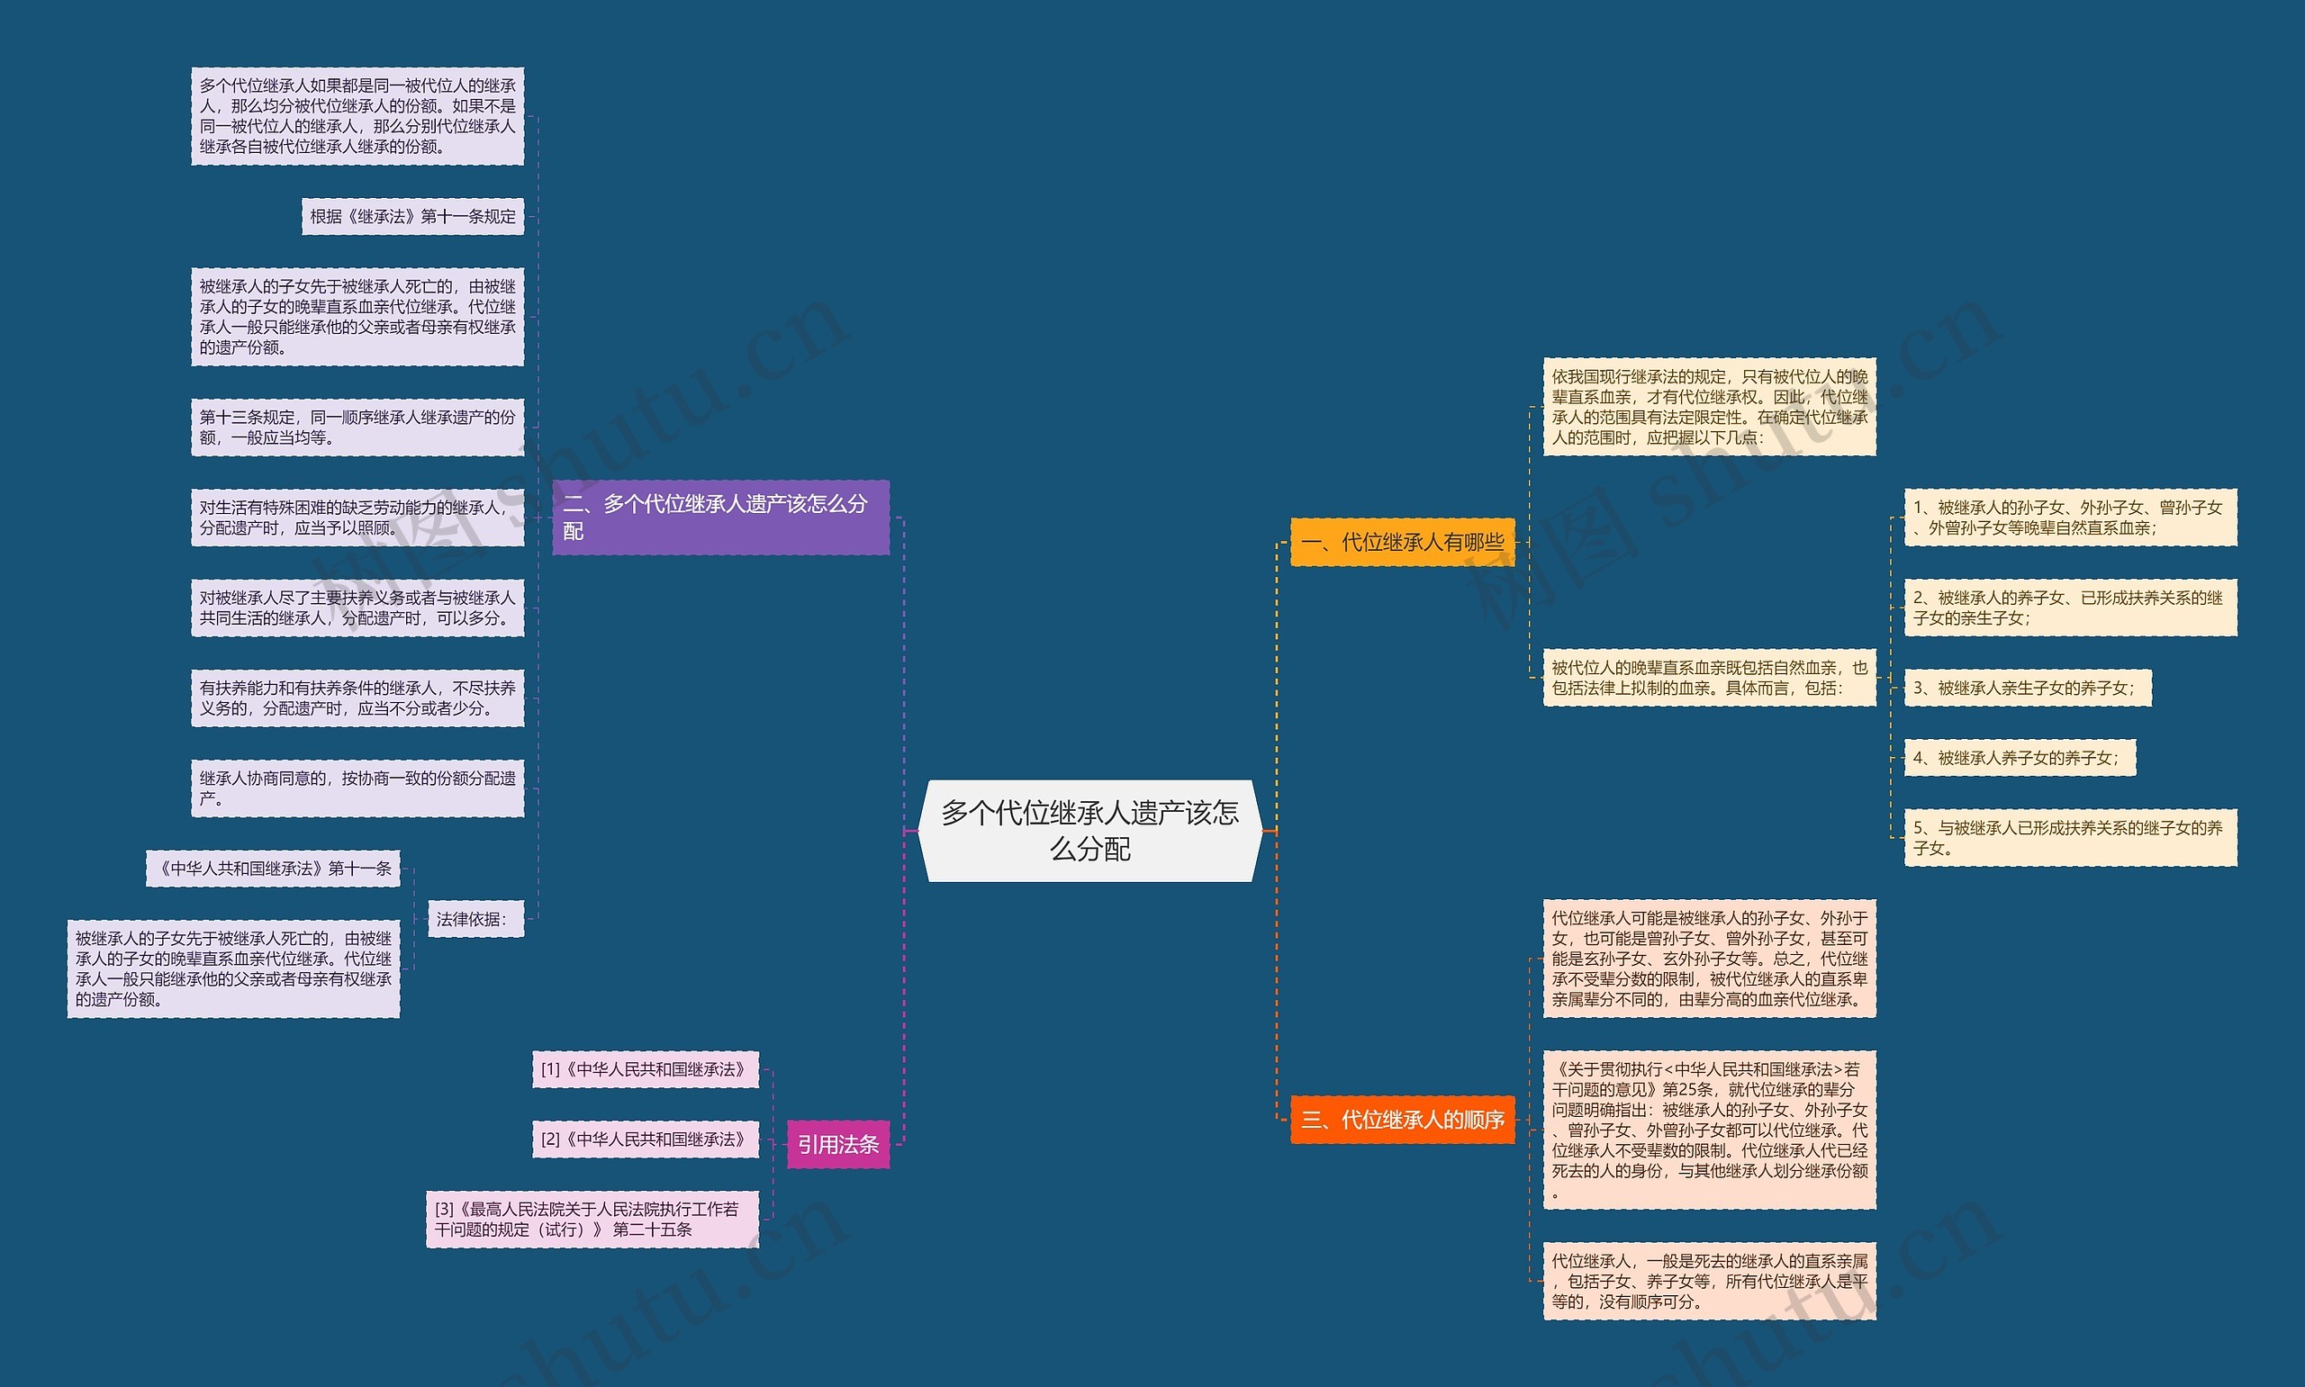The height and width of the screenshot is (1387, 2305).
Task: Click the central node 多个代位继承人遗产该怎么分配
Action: [1089, 830]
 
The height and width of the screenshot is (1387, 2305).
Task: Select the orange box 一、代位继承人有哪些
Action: [1402, 542]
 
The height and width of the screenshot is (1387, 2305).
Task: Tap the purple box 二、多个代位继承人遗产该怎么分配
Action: [719, 517]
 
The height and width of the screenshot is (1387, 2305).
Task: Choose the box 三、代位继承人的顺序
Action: [1402, 1120]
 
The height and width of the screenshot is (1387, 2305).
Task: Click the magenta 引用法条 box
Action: [837, 1144]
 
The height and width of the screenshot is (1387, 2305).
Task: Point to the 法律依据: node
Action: [473, 919]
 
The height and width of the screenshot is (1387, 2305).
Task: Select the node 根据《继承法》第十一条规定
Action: [412, 217]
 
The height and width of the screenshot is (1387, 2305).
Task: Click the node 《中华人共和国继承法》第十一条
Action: [273, 869]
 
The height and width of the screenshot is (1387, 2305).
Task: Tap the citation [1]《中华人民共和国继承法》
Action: [644, 1069]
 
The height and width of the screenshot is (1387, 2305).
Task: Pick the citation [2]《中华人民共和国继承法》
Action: [644, 1139]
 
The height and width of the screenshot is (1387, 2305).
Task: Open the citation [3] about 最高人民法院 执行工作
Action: [592, 1219]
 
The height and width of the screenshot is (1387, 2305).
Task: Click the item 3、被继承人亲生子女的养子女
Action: [2027, 688]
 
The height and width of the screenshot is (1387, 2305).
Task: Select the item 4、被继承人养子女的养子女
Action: [2019, 758]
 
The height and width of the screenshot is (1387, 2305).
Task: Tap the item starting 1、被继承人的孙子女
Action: [2069, 517]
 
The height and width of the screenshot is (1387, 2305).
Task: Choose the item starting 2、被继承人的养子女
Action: [2069, 608]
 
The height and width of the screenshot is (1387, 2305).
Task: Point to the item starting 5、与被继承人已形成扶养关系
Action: [2069, 837]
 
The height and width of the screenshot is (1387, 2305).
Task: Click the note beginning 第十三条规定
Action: [357, 428]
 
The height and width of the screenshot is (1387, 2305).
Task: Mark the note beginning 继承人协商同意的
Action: [357, 788]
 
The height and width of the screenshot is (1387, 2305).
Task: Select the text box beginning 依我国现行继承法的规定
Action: [1709, 407]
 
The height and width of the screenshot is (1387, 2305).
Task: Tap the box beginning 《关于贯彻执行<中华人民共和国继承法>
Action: [1709, 1130]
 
